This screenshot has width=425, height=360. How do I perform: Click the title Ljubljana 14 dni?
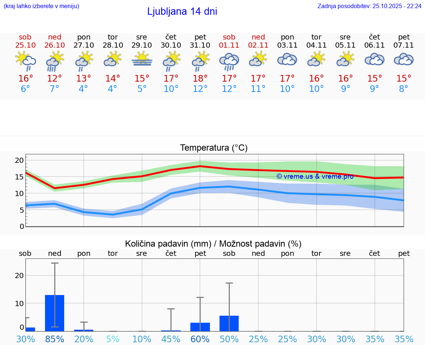(x=182, y=11)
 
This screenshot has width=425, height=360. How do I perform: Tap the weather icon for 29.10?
(x=142, y=59)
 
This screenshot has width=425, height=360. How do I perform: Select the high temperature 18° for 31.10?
(x=200, y=79)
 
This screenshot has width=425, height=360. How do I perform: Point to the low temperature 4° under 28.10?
(x=113, y=89)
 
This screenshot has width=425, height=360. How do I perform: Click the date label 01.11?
(x=229, y=45)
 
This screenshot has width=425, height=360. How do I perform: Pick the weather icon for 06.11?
(x=374, y=59)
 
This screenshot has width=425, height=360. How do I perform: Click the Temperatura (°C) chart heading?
(x=214, y=148)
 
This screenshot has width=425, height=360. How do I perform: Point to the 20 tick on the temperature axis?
(x=19, y=160)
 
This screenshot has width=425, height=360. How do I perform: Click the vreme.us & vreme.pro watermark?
(x=315, y=176)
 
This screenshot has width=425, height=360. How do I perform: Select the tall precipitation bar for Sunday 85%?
(x=55, y=313)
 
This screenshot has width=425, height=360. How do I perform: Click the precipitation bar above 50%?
(x=229, y=323)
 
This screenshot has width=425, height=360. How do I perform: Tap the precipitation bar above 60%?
(x=200, y=327)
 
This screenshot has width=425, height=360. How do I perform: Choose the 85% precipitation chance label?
(x=55, y=339)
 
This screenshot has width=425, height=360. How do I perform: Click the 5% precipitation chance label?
(x=113, y=339)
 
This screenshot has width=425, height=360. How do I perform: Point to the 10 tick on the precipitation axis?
(x=19, y=303)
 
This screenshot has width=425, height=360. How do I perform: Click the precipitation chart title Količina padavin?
(x=213, y=244)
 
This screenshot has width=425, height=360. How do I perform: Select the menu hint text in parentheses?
(x=41, y=6)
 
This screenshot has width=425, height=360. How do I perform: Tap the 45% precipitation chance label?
(x=171, y=339)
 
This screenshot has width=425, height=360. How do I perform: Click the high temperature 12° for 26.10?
(x=54, y=79)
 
